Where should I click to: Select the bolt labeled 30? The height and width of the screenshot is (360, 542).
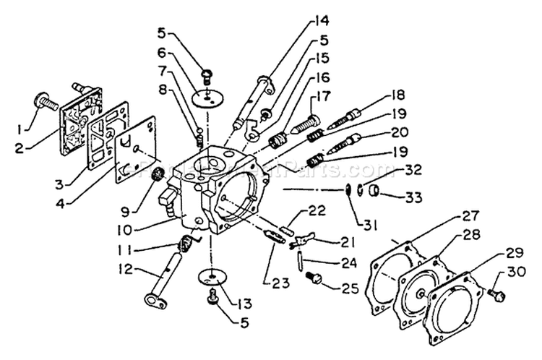pos(496,294)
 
